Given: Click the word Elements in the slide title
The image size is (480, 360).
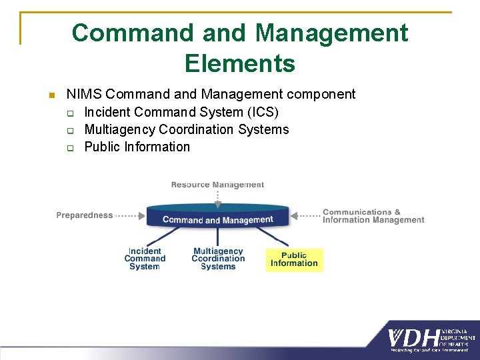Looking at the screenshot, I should point(239,63).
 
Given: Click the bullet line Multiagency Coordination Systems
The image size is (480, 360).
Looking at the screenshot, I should point(186,129).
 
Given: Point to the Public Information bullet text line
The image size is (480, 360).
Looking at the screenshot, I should point(137,147).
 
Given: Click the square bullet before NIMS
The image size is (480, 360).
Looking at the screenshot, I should point(51,95).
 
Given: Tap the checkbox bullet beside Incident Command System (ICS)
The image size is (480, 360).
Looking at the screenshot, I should point(69,113).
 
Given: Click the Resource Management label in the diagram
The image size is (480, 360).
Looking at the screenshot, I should point(217,185).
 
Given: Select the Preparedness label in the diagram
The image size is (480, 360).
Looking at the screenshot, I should point(84,215).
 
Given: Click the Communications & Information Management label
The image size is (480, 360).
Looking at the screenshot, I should point(373,216).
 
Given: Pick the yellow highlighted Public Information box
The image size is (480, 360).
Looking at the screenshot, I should point(294,259).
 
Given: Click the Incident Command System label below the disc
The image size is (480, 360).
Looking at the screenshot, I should point(145,259).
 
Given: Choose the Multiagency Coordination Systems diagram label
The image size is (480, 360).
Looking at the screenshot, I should point(218,259).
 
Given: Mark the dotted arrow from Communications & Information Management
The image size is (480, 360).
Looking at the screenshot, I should point(307,215).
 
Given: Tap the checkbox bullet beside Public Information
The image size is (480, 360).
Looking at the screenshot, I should point(69,147).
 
